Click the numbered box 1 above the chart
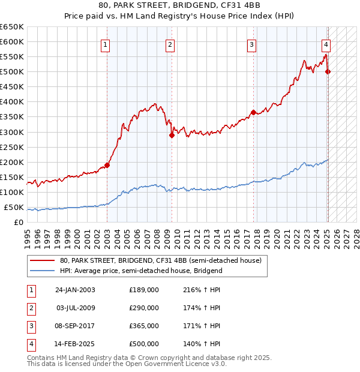105,44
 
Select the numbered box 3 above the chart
252,44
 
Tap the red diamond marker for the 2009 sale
172,135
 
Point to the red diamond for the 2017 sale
253,112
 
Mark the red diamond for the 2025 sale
328,72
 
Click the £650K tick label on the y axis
11,27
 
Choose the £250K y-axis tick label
11,147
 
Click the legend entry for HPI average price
141,271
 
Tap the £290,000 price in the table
144,308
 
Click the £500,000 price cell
144,344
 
